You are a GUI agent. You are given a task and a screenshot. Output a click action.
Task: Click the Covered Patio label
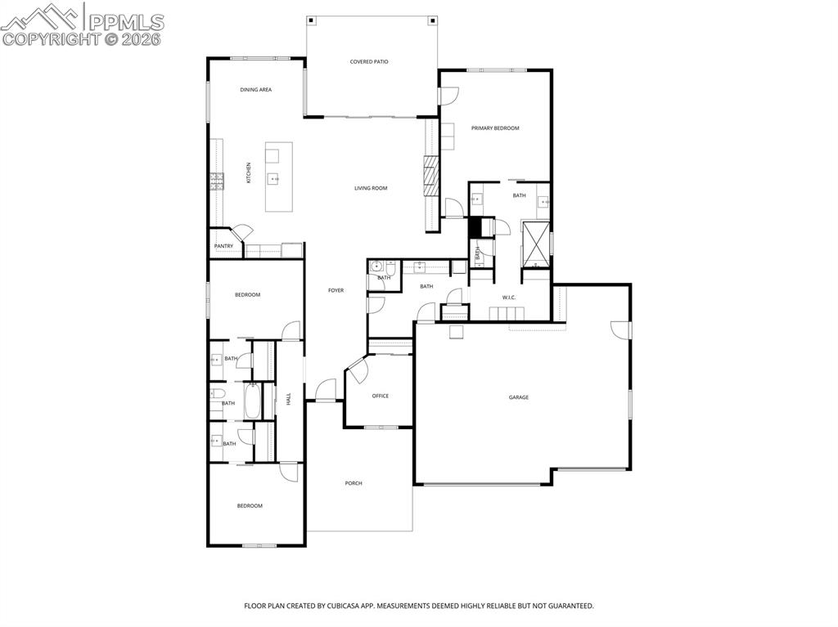(x=368, y=61)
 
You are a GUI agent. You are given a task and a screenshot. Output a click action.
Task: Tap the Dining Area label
(x=255, y=90)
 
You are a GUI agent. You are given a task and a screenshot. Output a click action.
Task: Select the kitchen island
(x=278, y=176)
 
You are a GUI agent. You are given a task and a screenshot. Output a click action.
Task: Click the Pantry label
(x=223, y=246)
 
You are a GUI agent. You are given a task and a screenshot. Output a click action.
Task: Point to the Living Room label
(x=370, y=188)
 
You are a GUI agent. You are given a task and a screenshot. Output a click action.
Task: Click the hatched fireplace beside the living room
(x=431, y=177)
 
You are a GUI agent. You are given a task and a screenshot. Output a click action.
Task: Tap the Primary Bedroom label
(x=494, y=128)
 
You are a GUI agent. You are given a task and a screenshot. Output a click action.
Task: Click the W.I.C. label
(x=508, y=297)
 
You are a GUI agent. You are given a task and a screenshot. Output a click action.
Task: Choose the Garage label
(x=518, y=397)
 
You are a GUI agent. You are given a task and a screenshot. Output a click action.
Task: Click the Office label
(x=380, y=396)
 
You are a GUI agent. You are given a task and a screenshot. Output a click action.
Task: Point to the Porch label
(x=353, y=483)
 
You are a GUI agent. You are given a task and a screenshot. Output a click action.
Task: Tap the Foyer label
(x=336, y=290)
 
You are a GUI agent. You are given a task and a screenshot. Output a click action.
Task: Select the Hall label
(x=288, y=399)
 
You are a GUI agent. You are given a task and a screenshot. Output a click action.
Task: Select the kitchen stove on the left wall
(x=217, y=181)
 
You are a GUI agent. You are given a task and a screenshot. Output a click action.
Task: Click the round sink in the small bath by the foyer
(x=378, y=266)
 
